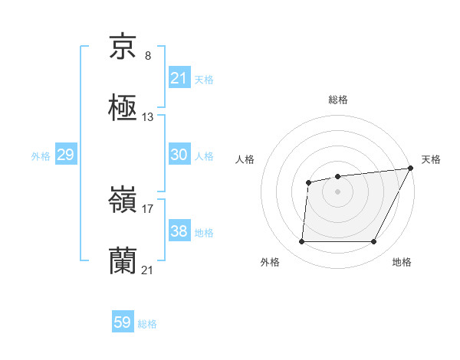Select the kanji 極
click(123, 107)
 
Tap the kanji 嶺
click(123, 201)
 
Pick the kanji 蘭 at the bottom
click(123, 260)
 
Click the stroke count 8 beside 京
click(148, 56)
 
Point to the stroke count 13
click(148, 117)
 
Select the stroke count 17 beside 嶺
click(148, 208)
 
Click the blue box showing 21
click(179, 77)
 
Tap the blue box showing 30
click(179, 154)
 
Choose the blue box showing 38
click(179, 231)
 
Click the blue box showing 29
click(65, 155)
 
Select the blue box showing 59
click(123, 322)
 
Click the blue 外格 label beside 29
click(41, 155)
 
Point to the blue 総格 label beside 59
click(147, 324)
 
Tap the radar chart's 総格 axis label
click(337, 100)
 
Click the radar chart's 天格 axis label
click(431, 159)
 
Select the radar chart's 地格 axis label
click(402, 263)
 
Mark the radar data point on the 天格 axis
click(411, 169)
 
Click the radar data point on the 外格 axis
click(301, 242)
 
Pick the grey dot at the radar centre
click(337, 191)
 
